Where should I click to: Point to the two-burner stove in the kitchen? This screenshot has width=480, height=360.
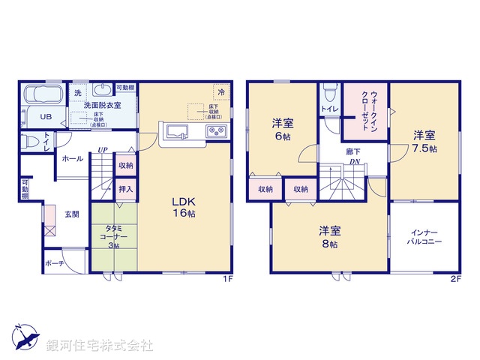tap(217, 132)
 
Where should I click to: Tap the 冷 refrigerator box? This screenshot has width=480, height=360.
tap(221, 91)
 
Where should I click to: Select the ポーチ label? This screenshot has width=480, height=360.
tap(54, 263)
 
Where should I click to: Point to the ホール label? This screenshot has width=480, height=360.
tap(73, 159)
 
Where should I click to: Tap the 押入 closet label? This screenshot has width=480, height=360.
tap(125, 188)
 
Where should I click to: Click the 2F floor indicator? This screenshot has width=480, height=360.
tap(455, 278)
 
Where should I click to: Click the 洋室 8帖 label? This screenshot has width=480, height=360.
tap(329, 237)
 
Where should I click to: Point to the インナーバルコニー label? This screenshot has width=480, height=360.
tap(424, 238)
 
